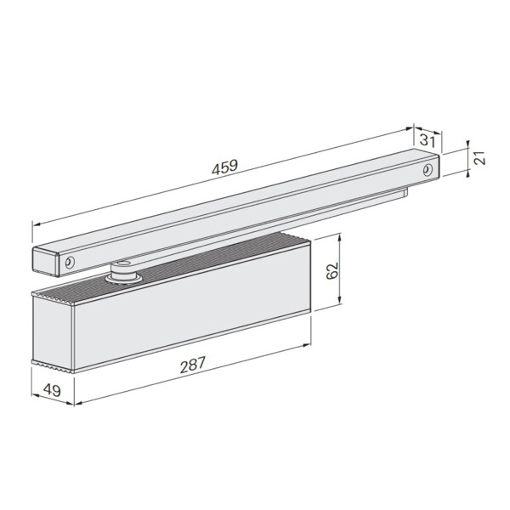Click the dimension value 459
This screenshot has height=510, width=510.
(x=225, y=167)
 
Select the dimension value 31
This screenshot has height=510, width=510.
(x=427, y=141)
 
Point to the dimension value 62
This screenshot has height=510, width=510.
(x=331, y=270)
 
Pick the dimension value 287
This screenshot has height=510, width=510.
(x=193, y=365)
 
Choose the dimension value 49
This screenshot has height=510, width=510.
(x=52, y=390)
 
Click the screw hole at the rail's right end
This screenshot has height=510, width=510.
(x=428, y=170)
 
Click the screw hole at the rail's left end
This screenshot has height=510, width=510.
(x=70, y=262)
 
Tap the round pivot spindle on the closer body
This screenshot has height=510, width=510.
(x=123, y=273)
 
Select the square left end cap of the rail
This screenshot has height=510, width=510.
(x=45, y=261)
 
